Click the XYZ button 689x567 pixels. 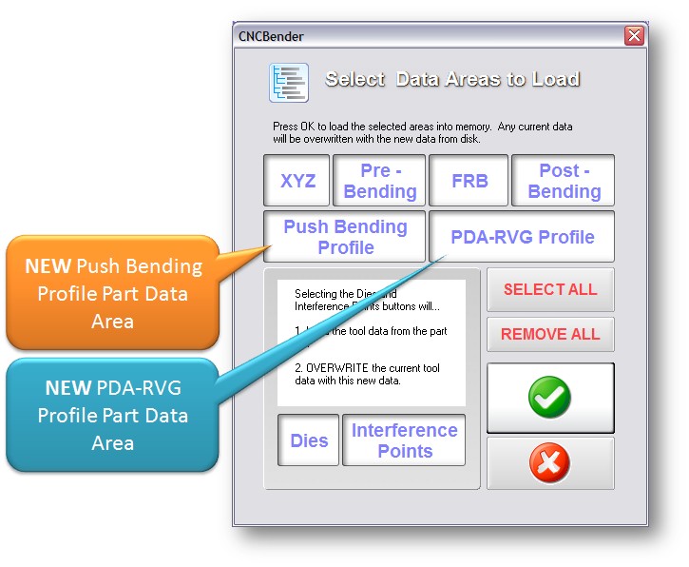click(297, 181)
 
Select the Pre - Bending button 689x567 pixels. click(379, 181)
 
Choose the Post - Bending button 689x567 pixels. click(564, 181)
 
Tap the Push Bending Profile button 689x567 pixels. click(345, 237)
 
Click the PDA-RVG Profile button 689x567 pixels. click(522, 237)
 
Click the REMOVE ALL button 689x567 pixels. click(550, 334)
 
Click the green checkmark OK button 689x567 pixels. click(550, 398)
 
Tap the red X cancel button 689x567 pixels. click(550, 463)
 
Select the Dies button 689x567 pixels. click(309, 440)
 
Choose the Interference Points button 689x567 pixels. click(404, 440)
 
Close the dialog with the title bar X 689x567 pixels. click(634, 36)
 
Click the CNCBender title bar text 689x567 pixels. click(271, 36)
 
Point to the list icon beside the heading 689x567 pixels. click(289, 82)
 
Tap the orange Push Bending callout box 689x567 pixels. click(112, 293)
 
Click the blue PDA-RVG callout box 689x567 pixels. click(112, 415)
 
